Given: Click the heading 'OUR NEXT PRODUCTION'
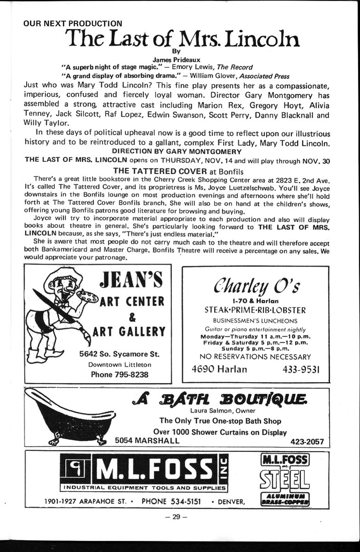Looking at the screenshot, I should [x=73, y=23].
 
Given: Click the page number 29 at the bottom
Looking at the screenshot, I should [x=177, y=517].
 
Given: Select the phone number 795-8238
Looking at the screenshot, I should [x=120, y=374].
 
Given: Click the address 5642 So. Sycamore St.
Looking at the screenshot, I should [x=119, y=354].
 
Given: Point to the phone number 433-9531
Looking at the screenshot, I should [x=301, y=369].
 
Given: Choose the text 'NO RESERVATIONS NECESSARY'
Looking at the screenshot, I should [x=256, y=356].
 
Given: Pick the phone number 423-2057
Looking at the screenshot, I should [x=307, y=442].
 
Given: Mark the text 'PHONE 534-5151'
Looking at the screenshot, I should [x=171, y=501].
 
